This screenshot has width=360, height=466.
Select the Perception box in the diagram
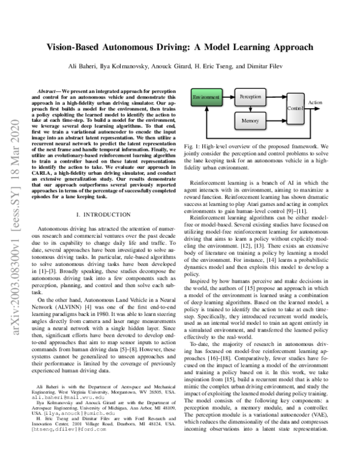click(x=250, y=96)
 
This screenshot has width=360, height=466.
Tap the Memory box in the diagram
click(x=250, y=121)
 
